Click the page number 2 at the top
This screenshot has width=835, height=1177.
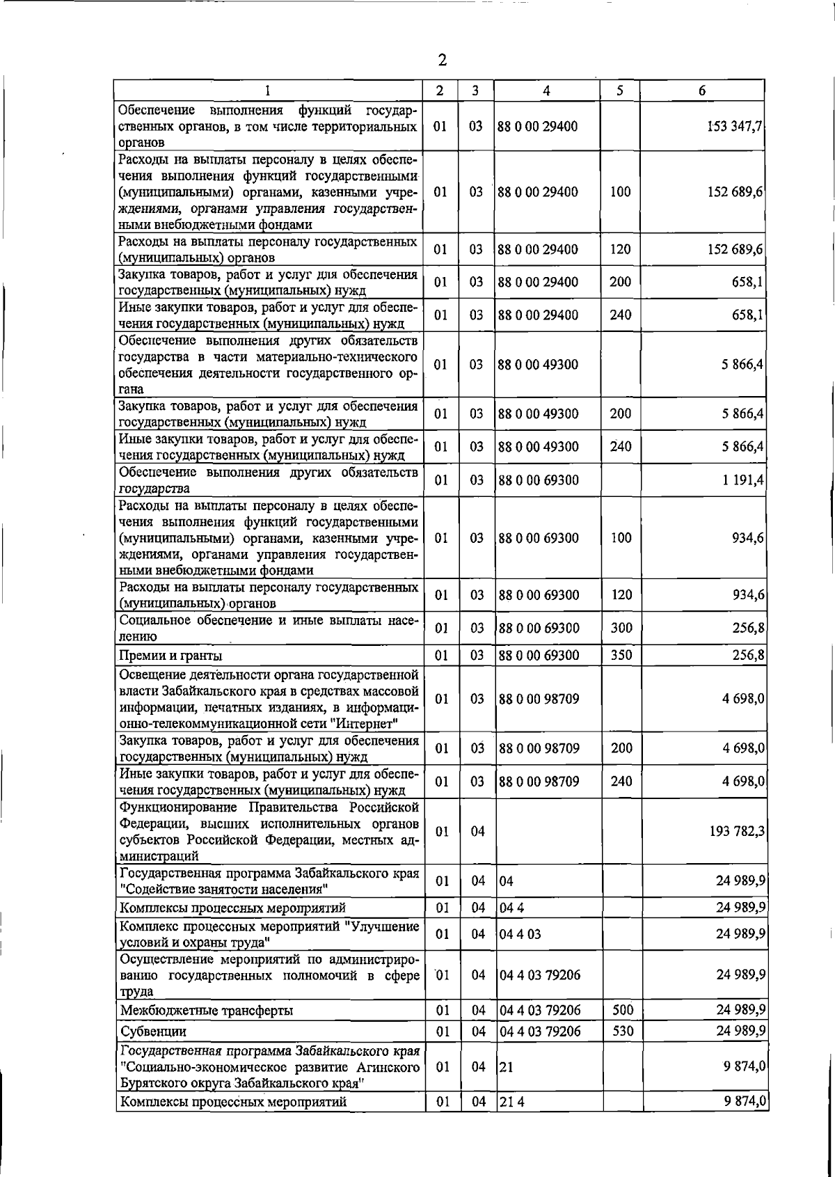[x=443, y=60]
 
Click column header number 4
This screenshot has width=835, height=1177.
[x=547, y=90]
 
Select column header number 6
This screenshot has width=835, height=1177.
[x=702, y=90]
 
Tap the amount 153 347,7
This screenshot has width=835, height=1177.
[x=735, y=127]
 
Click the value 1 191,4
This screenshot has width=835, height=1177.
[x=743, y=480]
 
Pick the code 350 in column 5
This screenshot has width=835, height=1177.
[x=621, y=655]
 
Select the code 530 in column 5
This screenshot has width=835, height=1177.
[x=622, y=1031]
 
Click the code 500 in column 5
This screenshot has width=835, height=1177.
[x=622, y=1010]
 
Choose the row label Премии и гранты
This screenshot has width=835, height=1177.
[x=171, y=656]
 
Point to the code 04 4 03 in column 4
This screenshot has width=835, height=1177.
[x=520, y=934]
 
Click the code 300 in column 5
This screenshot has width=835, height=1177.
[x=621, y=628]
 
